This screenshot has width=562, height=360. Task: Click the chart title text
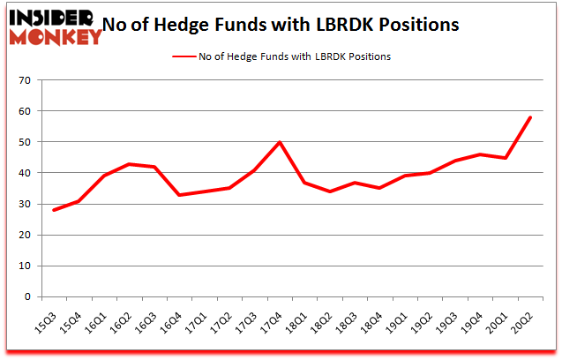(x=281, y=25)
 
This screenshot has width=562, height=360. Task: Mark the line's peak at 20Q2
(x=530, y=117)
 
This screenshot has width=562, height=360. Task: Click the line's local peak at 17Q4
(x=280, y=142)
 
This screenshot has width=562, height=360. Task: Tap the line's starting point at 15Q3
(x=54, y=210)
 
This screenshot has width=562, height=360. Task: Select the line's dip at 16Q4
(x=179, y=194)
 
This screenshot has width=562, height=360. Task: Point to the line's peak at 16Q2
(x=129, y=164)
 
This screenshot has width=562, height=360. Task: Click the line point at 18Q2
(x=330, y=191)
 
